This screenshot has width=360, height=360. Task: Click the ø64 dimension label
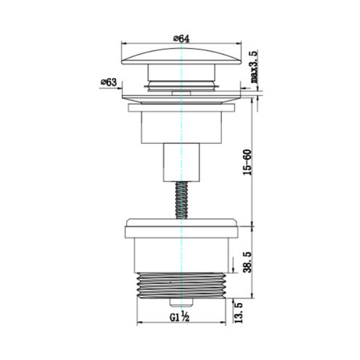[x=181, y=39]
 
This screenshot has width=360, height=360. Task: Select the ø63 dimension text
[x=109, y=82]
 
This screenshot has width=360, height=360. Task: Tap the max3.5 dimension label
[x=253, y=67]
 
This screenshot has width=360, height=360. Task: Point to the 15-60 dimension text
[x=247, y=162]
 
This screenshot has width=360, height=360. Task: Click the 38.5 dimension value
[x=247, y=262]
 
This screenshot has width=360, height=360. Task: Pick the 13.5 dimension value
[x=239, y=313]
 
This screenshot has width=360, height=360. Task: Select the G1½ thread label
[x=179, y=316]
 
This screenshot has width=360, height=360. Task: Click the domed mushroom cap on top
[x=181, y=56]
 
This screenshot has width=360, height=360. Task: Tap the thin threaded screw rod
[x=181, y=200]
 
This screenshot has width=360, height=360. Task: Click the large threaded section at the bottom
[x=181, y=285]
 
